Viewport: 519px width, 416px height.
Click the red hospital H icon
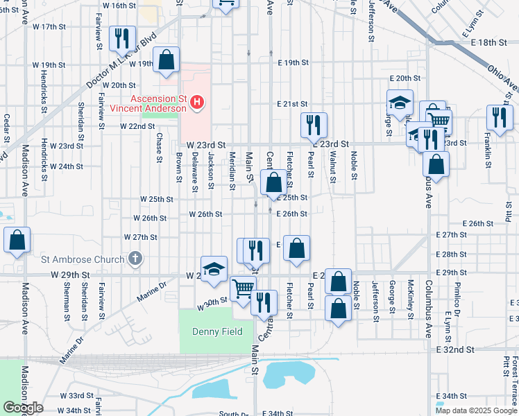[x=198, y=103]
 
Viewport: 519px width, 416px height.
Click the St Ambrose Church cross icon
[x=135, y=259]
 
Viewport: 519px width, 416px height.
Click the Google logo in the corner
[x=22, y=408]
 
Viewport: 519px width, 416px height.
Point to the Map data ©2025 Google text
[x=476, y=410]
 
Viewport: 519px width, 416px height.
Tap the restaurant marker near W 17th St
[x=122, y=40]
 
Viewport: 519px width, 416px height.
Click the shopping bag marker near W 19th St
[x=167, y=61]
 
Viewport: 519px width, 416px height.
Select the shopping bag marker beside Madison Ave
[x=17, y=241]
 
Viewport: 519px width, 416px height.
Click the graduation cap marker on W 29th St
[x=214, y=269]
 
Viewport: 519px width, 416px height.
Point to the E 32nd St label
[x=455, y=351]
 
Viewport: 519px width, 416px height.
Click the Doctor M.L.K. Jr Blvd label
[x=119, y=60]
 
